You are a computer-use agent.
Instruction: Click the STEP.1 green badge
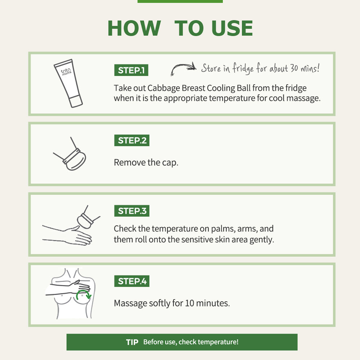pyautogui.click(x=131, y=70)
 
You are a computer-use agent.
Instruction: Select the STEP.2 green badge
pyautogui.click(x=132, y=140)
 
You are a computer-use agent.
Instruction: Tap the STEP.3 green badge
pyautogui.click(x=132, y=211)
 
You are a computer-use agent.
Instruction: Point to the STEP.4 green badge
pyautogui.click(x=132, y=281)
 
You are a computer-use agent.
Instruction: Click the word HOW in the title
pyautogui.click(x=134, y=28)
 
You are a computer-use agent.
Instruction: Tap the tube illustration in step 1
pyautogui.click(x=68, y=83)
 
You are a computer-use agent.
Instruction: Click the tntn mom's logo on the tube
pyautogui.click(x=66, y=72)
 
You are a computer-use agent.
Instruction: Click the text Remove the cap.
pyautogui.click(x=146, y=163)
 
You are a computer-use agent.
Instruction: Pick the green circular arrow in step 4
pyautogui.click(x=84, y=294)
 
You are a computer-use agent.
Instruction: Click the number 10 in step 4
pyautogui.click(x=190, y=303)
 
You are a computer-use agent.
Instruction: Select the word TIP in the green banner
pyautogui.click(x=132, y=342)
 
